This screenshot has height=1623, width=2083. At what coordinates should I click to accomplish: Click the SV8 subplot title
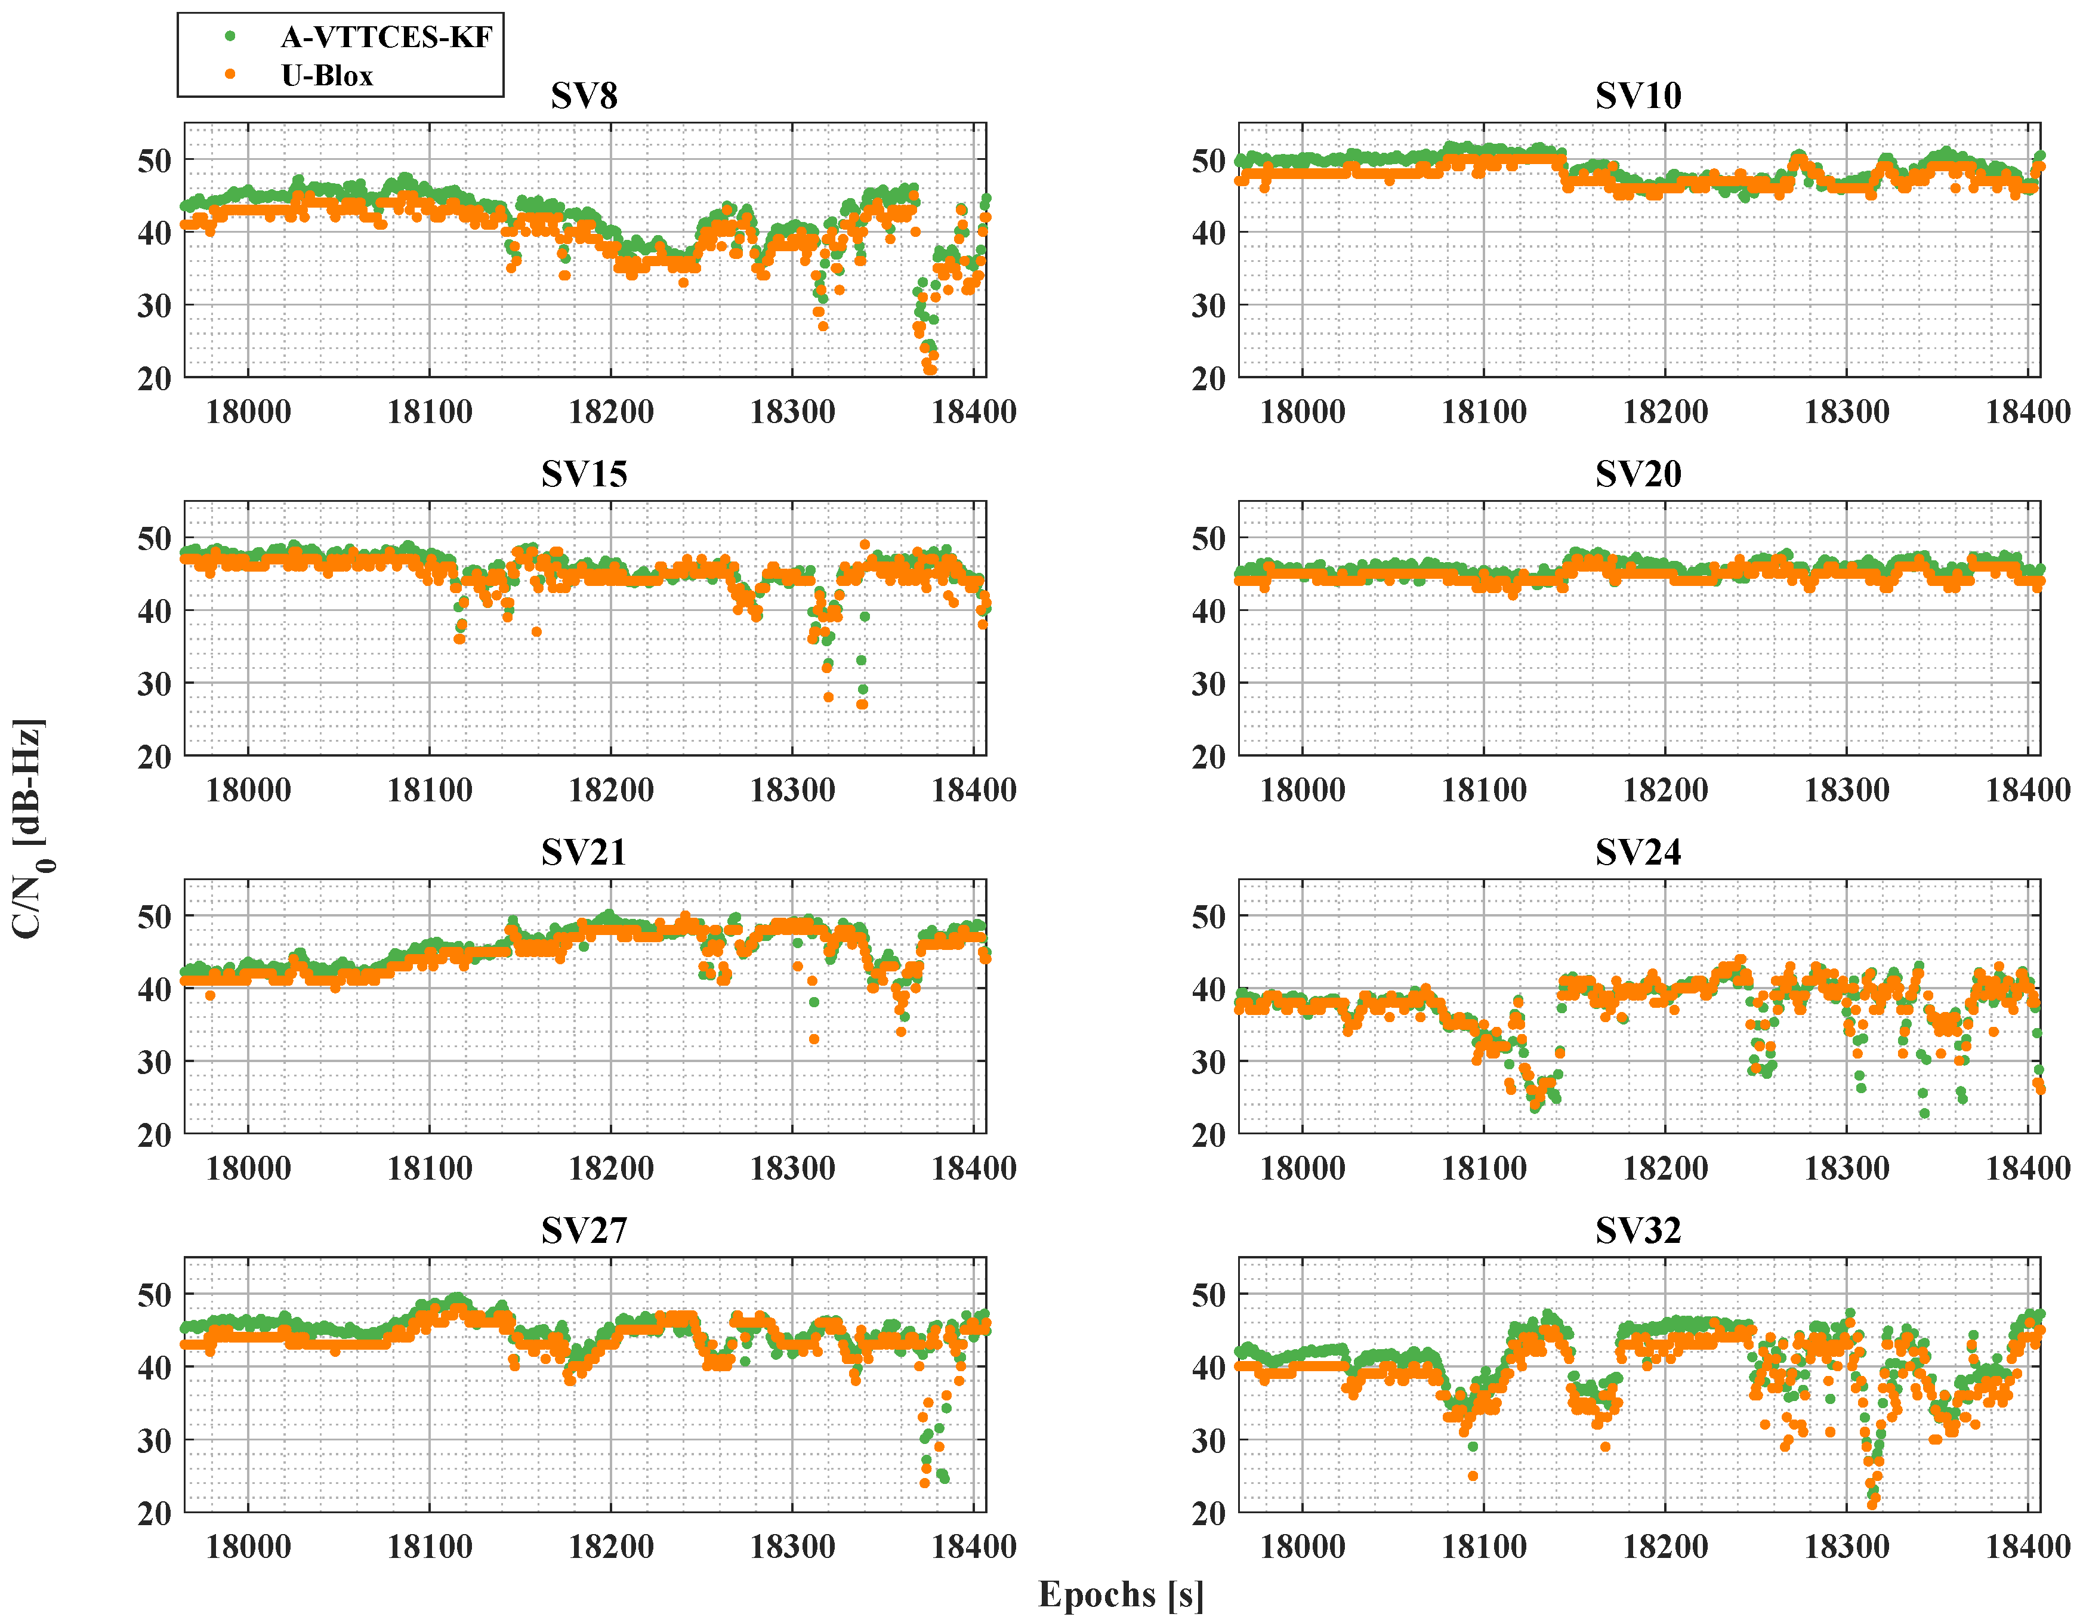tap(584, 96)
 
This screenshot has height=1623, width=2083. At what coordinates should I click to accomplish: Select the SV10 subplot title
tap(1638, 96)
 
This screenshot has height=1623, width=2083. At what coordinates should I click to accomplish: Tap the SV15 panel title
tap(584, 474)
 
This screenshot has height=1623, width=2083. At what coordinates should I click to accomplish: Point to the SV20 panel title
tap(1638, 474)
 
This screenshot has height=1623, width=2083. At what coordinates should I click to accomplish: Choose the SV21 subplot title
tap(584, 851)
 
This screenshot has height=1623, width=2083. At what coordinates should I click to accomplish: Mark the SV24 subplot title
tap(1638, 851)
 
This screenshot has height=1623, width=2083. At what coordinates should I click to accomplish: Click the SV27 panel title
tap(584, 1230)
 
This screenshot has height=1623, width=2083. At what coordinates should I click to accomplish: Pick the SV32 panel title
tap(1638, 1230)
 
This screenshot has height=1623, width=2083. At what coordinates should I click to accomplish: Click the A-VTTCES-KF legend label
tap(386, 37)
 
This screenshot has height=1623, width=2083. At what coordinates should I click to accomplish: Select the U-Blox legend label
tap(327, 75)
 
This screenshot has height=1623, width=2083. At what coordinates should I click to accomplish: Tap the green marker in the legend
tap(230, 36)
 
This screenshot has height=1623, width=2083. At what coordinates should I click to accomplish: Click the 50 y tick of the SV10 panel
tap(1208, 160)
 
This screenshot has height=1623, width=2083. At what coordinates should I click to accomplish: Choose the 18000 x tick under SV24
tap(1302, 1168)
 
